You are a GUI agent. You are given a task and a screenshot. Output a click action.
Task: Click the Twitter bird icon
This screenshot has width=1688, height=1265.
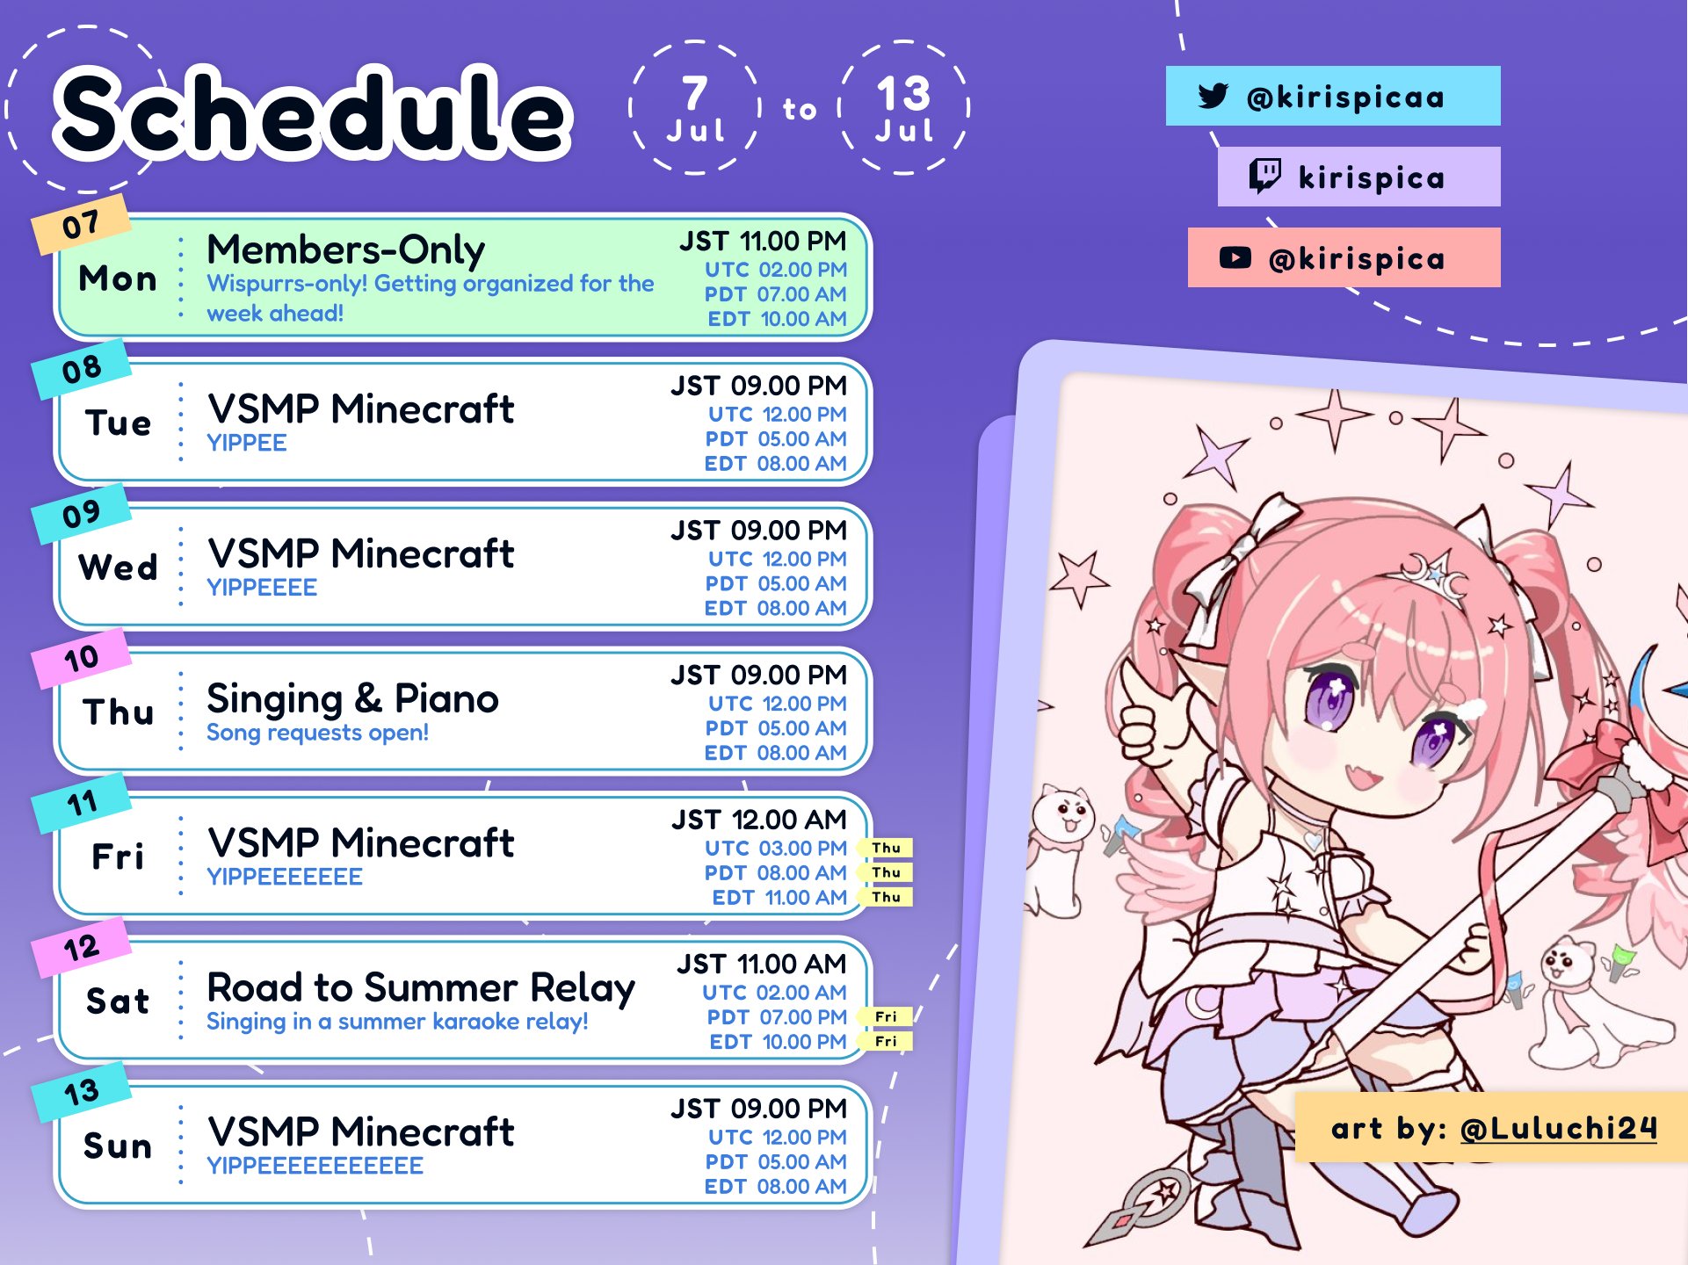pyautogui.click(x=1213, y=96)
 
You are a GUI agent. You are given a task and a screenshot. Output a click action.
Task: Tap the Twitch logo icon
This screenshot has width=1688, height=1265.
pyautogui.click(x=1264, y=176)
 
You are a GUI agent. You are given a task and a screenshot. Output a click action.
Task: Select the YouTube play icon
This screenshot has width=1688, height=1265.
pyautogui.click(x=1235, y=257)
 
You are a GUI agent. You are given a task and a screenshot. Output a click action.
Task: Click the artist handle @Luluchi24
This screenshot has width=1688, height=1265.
pyautogui.click(x=1558, y=1128)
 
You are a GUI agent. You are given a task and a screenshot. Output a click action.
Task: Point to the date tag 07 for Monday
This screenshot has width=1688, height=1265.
pyautogui.click(x=81, y=225)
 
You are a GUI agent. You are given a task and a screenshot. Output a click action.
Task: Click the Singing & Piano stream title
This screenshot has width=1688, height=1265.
pyautogui.click(x=352, y=699)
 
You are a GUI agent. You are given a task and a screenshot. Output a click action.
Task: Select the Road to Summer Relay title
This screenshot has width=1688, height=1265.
pyautogui.click(x=421, y=988)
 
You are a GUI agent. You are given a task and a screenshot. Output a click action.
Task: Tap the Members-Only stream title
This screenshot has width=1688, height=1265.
pyautogui.click(x=345, y=250)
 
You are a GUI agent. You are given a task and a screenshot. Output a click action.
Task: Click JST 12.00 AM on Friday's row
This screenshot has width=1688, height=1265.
pyautogui.click(x=759, y=820)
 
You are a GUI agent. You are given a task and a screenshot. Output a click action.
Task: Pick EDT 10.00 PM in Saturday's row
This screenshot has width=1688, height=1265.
pyautogui.click(x=779, y=1042)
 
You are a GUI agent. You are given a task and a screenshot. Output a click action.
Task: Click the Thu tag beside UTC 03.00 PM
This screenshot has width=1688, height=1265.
pyautogui.click(x=887, y=848)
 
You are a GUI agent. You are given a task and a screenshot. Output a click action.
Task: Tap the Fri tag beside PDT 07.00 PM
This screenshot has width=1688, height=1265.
pyautogui.click(x=887, y=1016)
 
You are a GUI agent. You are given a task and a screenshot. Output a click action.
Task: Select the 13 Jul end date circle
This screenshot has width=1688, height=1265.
pyautogui.click(x=904, y=107)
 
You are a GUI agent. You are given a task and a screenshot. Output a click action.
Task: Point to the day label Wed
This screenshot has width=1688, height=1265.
pyautogui.click(x=118, y=567)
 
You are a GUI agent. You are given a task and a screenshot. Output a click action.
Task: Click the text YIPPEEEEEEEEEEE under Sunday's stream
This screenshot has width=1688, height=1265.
pyautogui.click(x=315, y=1166)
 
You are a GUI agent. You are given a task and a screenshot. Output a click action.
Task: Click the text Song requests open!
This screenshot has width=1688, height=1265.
pyautogui.click(x=317, y=733)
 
